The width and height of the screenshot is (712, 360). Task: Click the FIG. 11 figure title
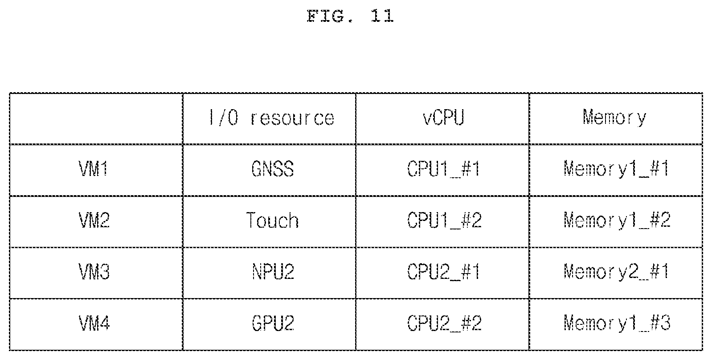click(350, 16)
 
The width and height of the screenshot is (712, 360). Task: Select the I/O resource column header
click(271, 118)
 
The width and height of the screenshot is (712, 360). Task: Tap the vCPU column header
click(443, 118)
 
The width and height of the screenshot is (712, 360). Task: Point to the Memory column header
click(614, 118)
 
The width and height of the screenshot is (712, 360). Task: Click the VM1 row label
click(94, 169)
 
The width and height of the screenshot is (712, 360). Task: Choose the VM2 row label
click(94, 220)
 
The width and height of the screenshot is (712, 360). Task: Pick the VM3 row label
click(94, 272)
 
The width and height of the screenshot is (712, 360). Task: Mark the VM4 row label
click(94, 323)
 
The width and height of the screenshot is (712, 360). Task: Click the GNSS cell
click(272, 169)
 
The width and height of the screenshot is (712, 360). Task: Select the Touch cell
click(272, 220)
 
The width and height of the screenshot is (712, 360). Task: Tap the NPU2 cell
click(273, 272)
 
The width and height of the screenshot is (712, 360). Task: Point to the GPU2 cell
click(273, 323)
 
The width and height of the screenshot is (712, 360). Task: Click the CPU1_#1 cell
click(443, 169)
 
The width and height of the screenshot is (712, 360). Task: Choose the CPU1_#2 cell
click(444, 220)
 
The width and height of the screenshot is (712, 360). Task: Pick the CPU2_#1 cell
click(443, 272)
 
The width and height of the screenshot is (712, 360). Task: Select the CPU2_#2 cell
click(444, 323)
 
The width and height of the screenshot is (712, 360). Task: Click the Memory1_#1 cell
click(616, 169)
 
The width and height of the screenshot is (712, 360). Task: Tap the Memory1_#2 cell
click(617, 220)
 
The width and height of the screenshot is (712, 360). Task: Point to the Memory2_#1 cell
click(616, 272)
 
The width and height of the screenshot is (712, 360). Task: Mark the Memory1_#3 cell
click(617, 323)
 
